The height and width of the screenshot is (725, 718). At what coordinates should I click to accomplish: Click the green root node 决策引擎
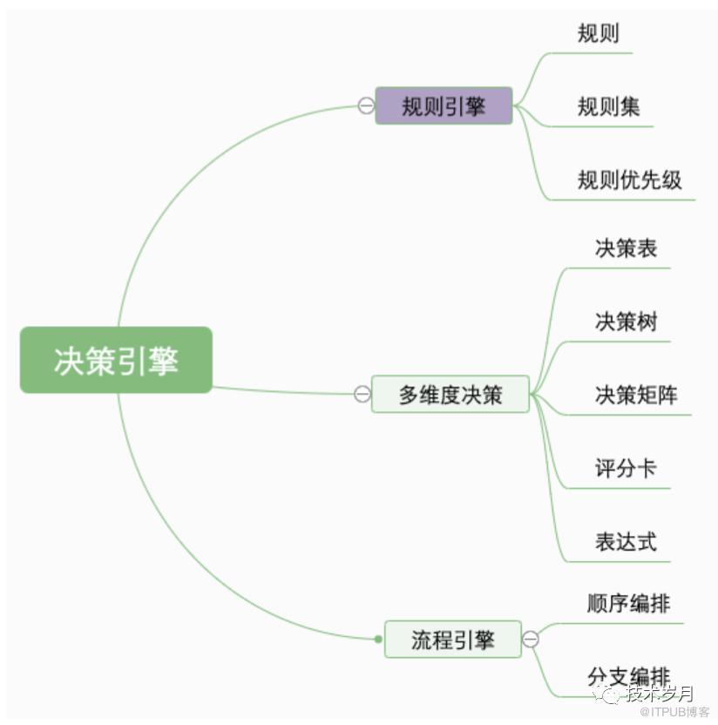pyautogui.click(x=116, y=360)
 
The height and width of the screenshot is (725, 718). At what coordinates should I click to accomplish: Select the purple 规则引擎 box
pyautogui.click(x=444, y=105)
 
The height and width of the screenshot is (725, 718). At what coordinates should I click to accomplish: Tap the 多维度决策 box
pyautogui.click(x=450, y=394)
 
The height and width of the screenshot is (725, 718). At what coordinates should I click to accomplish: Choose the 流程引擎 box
pyautogui.click(x=452, y=640)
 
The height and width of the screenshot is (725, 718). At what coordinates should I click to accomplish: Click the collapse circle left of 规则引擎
pyautogui.click(x=366, y=105)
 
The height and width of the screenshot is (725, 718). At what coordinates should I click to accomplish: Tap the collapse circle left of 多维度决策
pyautogui.click(x=362, y=394)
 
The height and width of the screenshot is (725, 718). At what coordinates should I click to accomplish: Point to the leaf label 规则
pyautogui.click(x=598, y=33)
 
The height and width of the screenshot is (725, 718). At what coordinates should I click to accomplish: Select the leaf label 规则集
pyautogui.click(x=608, y=106)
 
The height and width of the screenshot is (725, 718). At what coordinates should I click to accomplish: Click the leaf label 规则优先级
pyautogui.click(x=629, y=180)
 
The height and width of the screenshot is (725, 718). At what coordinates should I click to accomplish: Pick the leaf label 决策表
pyautogui.click(x=626, y=248)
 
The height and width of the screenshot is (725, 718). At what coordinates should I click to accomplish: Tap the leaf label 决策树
pyautogui.click(x=626, y=322)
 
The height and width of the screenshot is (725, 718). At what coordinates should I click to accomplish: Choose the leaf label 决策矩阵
pyautogui.click(x=636, y=395)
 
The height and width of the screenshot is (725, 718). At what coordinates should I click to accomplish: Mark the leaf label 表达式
pyautogui.click(x=626, y=542)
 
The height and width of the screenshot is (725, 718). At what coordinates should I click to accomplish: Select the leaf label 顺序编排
pyautogui.click(x=628, y=603)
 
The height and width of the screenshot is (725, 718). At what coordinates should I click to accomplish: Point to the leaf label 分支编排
pyautogui.click(x=628, y=675)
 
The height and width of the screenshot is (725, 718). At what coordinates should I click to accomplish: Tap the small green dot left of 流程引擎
pyautogui.click(x=378, y=640)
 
